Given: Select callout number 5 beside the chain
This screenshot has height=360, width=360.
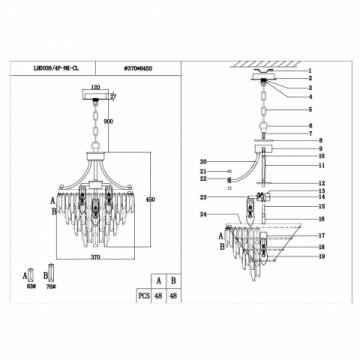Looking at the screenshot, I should click(x=310, y=110).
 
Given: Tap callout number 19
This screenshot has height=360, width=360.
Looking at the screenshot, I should click(x=310, y=258).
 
